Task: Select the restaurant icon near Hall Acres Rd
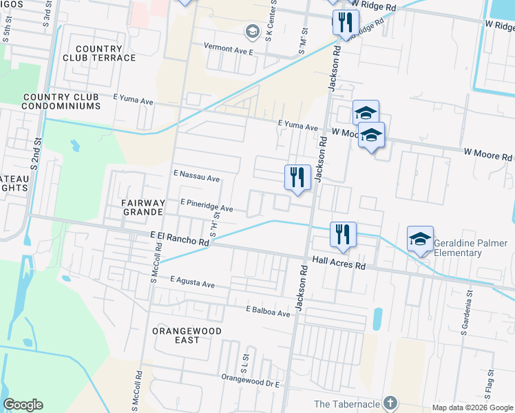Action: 342,234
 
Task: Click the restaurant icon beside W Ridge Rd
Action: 346,22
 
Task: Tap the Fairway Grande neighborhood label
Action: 143,207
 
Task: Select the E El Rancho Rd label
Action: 179,239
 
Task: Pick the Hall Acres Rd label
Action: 338,260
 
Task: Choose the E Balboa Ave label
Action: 269,312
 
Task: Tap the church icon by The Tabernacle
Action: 390,402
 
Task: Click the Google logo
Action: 23,405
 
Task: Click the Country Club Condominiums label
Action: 61,101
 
